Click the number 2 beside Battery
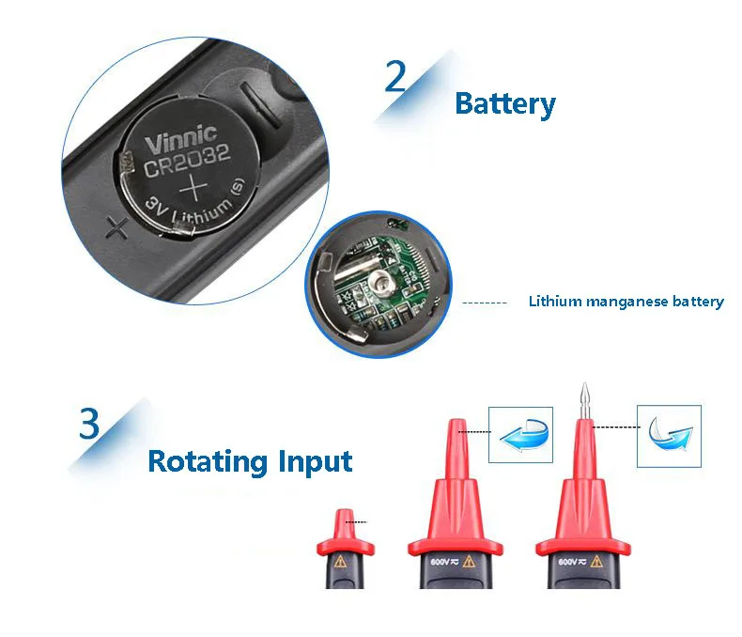(396, 77)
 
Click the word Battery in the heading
(504, 103)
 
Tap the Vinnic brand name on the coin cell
(180, 140)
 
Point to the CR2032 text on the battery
(187, 163)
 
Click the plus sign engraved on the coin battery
(192, 189)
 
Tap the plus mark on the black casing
(116, 225)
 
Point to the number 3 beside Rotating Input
(89, 424)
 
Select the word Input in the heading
(315, 461)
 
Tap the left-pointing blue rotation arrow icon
(517, 434)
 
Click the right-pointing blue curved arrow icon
(669, 435)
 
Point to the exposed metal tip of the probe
(584, 399)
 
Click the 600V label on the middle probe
(441, 561)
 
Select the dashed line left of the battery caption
(485, 303)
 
